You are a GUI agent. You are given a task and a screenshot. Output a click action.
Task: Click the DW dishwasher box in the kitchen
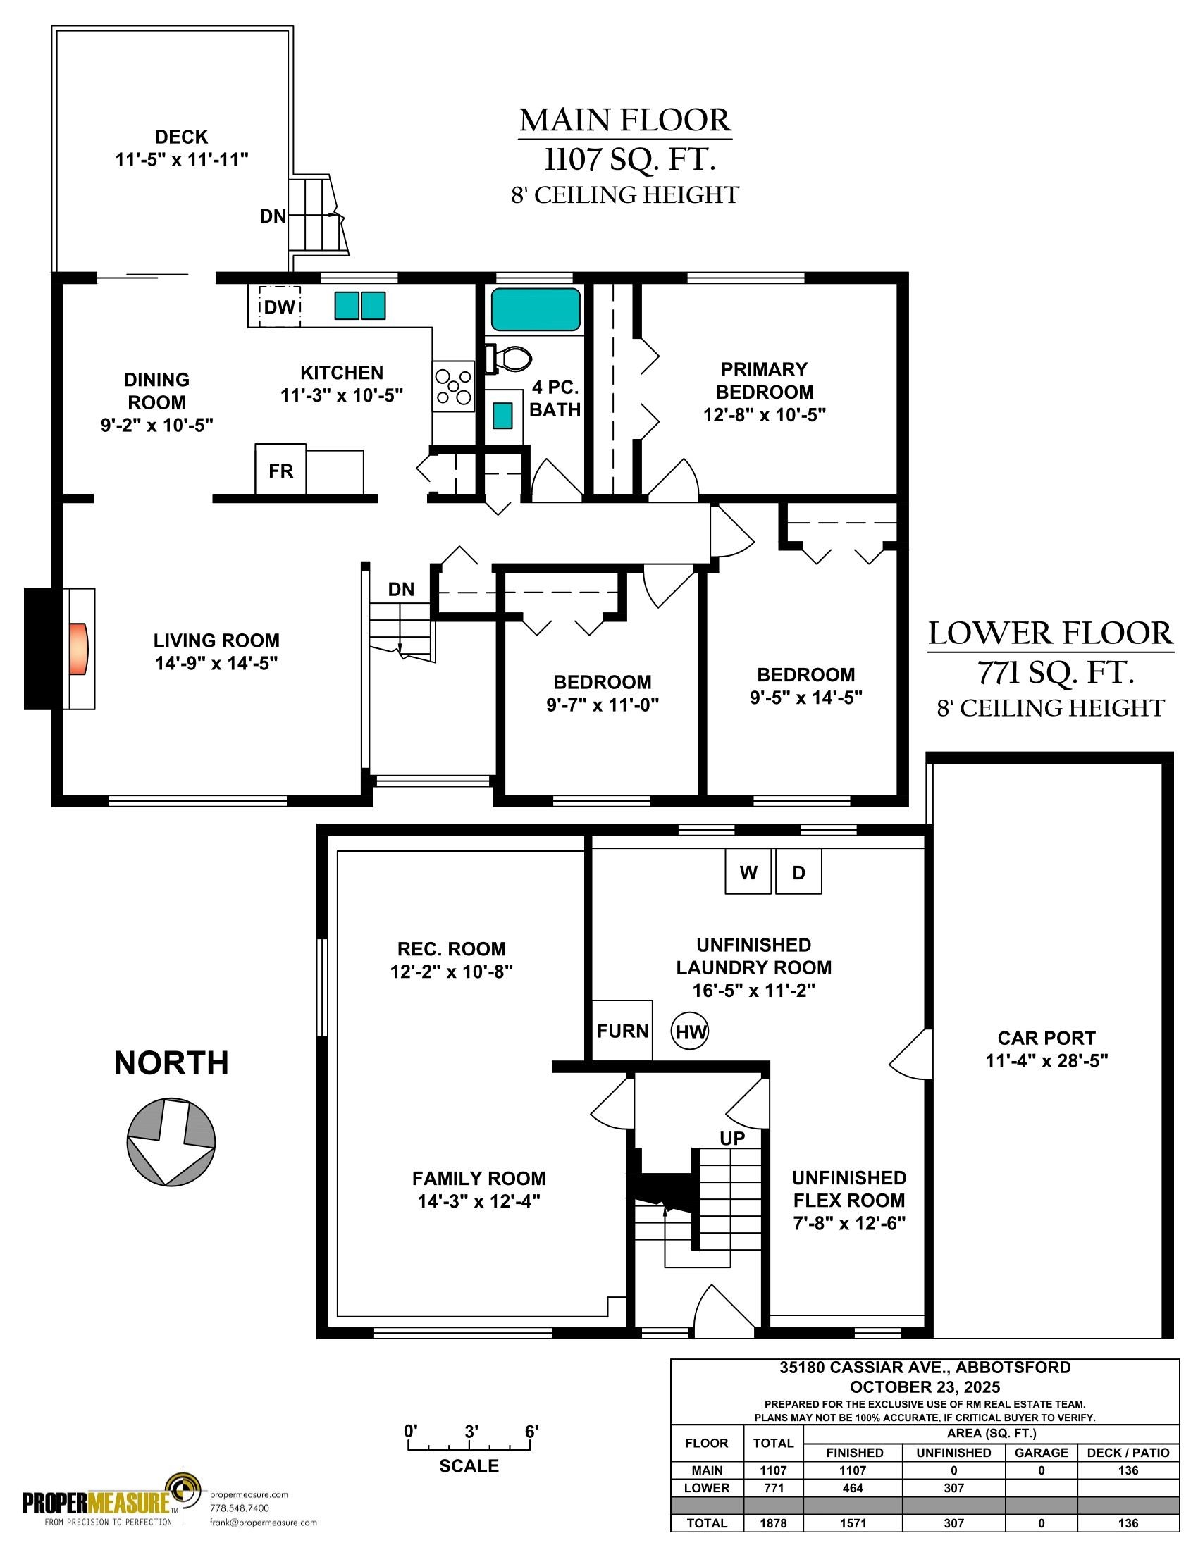280,306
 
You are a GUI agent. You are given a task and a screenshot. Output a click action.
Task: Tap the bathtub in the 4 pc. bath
536,309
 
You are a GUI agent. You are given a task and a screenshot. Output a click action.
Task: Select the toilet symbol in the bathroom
508,359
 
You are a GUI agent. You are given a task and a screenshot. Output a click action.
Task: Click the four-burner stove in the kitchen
453,386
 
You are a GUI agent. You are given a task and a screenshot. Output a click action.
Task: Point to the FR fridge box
281,470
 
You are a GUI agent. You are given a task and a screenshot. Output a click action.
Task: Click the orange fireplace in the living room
80,648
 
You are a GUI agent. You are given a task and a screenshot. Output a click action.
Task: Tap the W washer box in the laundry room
748,872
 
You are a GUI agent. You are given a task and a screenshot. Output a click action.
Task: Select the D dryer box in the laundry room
798,872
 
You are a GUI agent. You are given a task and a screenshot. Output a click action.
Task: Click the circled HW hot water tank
691,1031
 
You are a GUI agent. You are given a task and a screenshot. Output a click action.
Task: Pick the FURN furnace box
622,1031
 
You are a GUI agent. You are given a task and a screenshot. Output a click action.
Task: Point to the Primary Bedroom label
765,380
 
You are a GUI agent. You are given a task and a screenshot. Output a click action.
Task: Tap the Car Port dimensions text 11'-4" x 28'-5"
1046,1061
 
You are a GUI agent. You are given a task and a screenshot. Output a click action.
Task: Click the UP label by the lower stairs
732,1139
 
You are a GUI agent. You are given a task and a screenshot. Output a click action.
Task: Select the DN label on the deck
273,216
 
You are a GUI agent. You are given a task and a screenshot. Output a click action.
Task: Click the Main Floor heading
625,120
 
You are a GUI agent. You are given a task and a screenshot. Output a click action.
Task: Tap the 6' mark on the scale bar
531,1432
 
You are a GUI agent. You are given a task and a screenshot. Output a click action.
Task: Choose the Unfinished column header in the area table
953,1453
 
